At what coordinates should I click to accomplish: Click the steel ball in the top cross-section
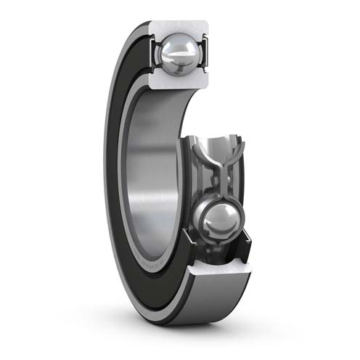click(179, 53)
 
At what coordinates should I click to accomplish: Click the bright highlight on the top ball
click(174, 47)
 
